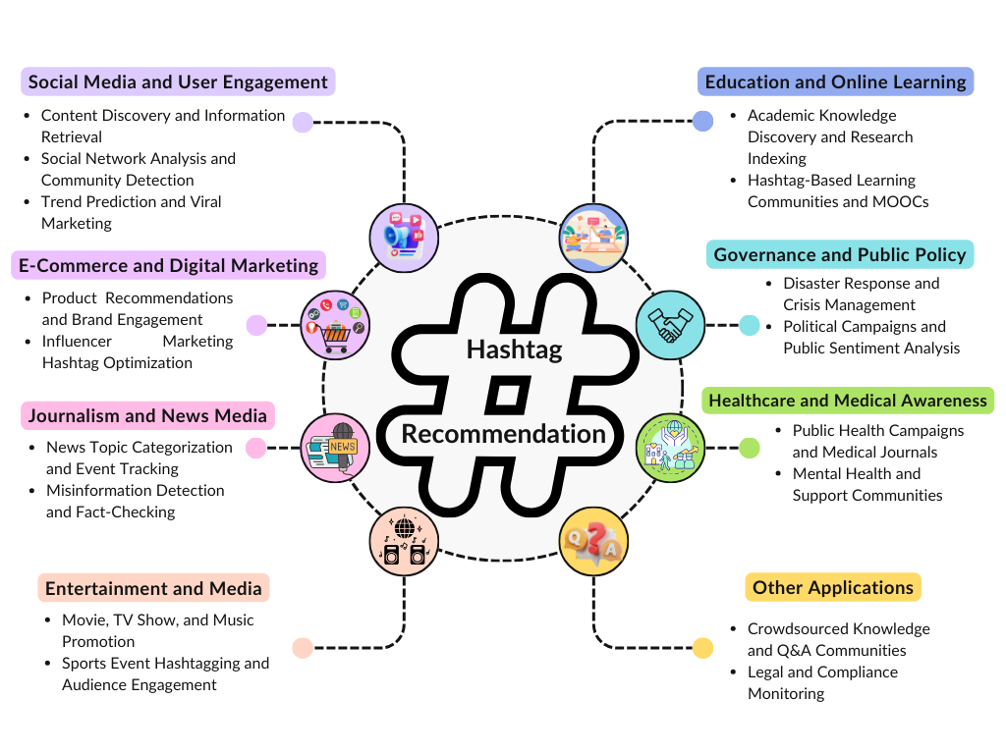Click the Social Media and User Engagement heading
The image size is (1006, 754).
point(178,81)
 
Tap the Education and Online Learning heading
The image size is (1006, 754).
point(835,81)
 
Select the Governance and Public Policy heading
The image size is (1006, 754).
point(840,255)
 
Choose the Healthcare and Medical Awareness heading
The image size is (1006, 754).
point(847,401)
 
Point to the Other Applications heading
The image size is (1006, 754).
point(833,588)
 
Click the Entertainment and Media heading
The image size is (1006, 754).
point(153,589)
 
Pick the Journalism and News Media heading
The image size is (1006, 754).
point(147,416)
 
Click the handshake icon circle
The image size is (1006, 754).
point(670,325)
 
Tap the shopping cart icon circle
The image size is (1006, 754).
point(335,325)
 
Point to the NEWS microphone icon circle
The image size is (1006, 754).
point(335,448)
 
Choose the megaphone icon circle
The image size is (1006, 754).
point(404,237)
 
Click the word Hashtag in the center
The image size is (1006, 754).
point(514,350)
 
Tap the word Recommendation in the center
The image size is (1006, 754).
point(503,433)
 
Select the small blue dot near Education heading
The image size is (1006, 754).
point(702,122)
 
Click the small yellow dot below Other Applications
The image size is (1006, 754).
point(702,648)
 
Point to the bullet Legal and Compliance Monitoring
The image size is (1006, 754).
point(822,682)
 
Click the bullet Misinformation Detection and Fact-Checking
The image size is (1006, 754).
point(135,501)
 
